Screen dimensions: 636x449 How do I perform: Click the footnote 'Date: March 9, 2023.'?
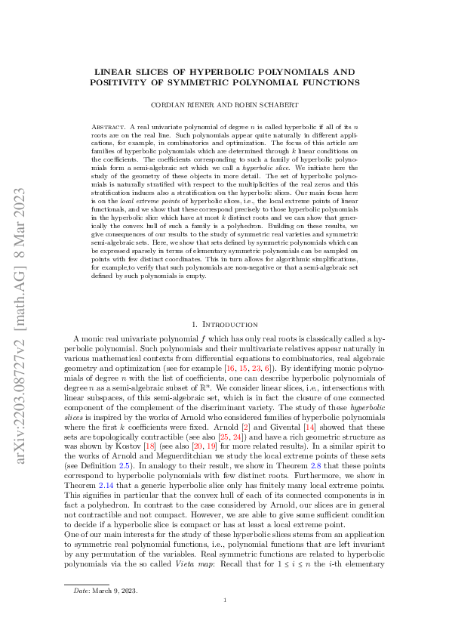point(100,590)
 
